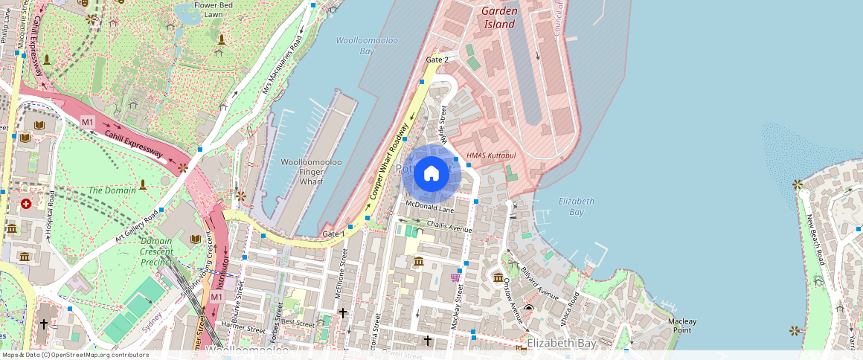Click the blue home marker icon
(x=431, y=174)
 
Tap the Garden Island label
(x=498, y=18)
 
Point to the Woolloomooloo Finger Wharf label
(x=311, y=171)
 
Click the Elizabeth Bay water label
(x=576, y=206)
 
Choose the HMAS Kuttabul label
(x=490, y=155)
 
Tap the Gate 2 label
(x=437, y=60)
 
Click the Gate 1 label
(x=334, y=234)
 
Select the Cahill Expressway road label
(x=133, y=143)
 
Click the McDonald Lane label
(x=429, y=205)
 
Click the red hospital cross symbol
(x=26, y=203)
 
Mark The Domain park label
(x=112, y=190)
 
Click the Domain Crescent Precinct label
(x=156, y=251)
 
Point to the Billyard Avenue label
(x=539, y=282)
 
